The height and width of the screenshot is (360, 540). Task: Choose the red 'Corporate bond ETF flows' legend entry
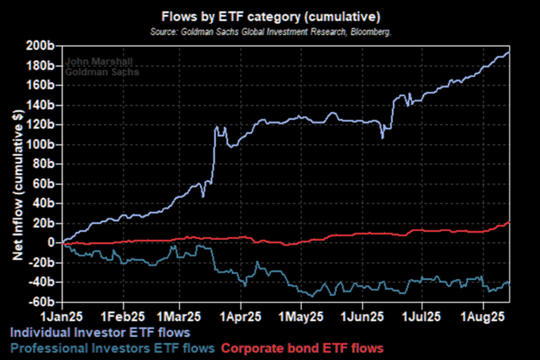click(302, 348)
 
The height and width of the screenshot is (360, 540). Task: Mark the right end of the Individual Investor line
click(509, 52)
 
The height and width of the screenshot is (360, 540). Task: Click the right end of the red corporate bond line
click(509, 223)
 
